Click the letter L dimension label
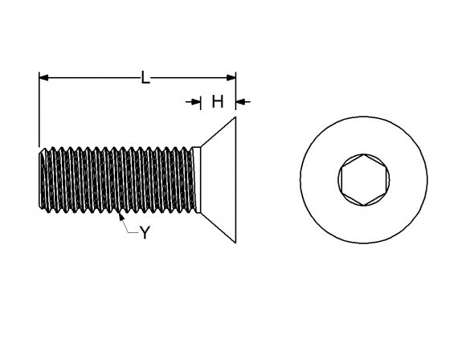click(x=145, y=78)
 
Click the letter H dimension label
click(x=217, y=101)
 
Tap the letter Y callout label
click(x=145, y=233)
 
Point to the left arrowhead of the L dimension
click(x=43, y=78)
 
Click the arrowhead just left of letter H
click(x=196, y=101)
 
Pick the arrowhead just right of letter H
click(x=241, y=101)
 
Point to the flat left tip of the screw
click(x=39, y=178)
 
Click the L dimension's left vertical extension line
click(x=39, y=112)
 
